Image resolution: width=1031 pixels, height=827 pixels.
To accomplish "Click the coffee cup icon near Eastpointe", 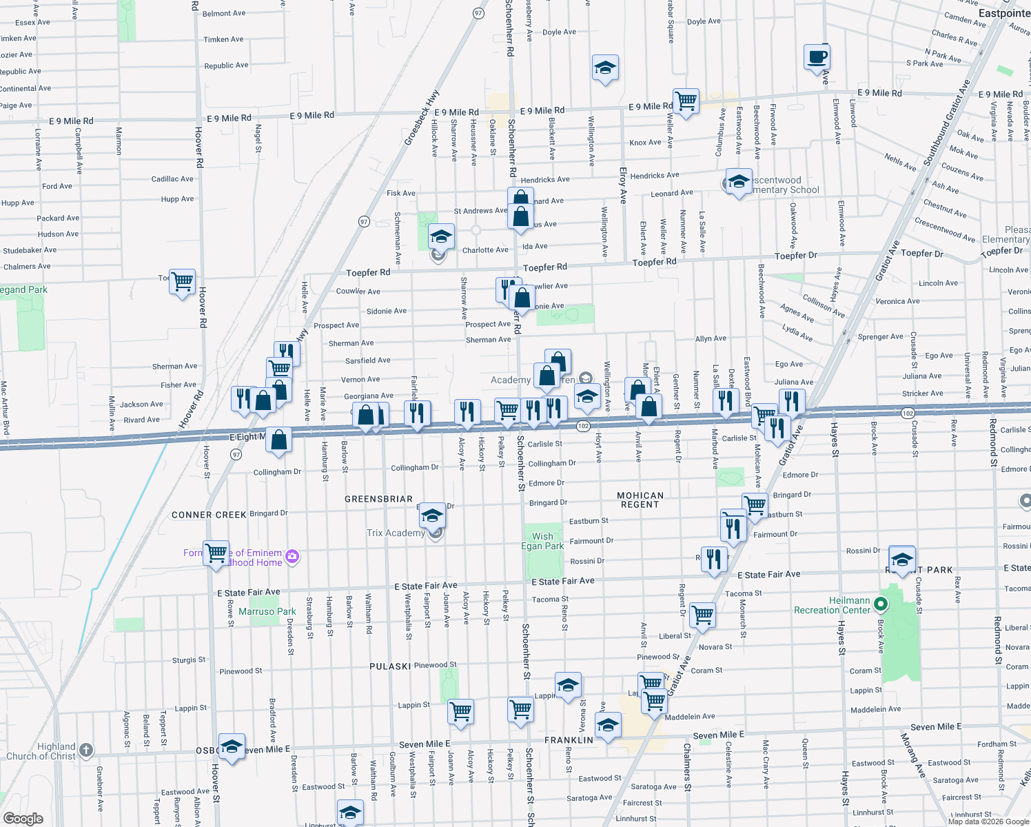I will [817, 57].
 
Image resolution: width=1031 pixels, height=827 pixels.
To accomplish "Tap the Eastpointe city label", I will [1004, 13].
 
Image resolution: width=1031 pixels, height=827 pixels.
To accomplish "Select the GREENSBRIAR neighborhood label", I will [378, 499].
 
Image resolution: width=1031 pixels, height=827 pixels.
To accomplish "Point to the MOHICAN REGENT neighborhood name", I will [640, 500].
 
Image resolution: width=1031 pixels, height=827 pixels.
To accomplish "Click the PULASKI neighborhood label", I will [390, 666].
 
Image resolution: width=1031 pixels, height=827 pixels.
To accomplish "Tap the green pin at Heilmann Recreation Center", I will [880, 604].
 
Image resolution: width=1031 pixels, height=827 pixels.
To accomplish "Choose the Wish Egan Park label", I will [542, 541].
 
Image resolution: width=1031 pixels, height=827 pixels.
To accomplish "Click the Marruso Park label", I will [267, 611].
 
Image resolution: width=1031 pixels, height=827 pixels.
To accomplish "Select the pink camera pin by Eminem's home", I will [292, 556].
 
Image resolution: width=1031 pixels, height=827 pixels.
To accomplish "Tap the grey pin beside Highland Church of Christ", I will [85, 750].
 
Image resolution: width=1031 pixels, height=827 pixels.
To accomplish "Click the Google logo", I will [23, 818].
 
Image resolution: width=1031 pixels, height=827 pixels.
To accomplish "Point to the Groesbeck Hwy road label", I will [421, 118].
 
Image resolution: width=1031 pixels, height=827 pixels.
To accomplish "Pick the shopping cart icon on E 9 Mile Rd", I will [686, 101].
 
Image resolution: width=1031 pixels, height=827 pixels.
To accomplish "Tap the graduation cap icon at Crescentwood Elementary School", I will [739, 182].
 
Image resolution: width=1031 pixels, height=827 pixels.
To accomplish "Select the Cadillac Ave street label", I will [172, 179].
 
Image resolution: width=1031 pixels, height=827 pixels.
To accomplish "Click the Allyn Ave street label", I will [711, 338].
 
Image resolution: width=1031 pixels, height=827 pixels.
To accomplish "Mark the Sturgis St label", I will [188, 660].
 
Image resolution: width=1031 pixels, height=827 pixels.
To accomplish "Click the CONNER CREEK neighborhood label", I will [209, 515].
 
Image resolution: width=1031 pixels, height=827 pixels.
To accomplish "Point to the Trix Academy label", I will [396, 533].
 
